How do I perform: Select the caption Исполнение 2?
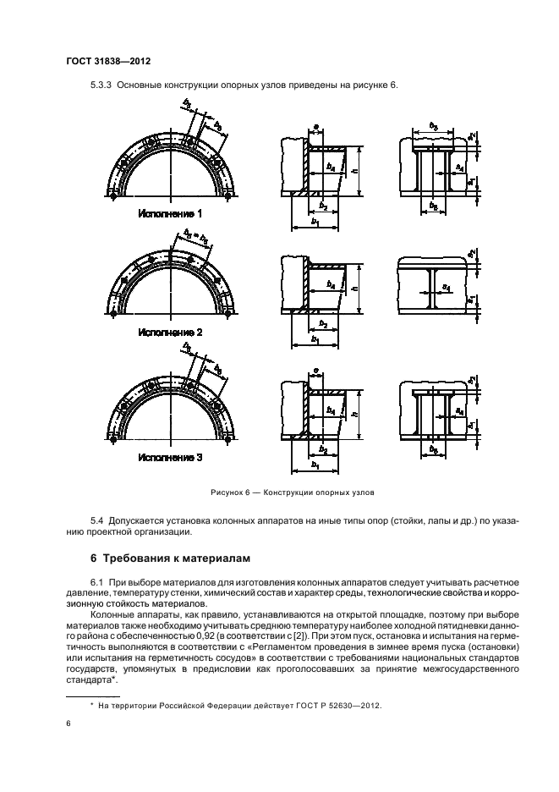point(171,333)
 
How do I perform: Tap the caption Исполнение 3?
point(171,457)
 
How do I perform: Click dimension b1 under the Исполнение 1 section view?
point(315,221)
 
